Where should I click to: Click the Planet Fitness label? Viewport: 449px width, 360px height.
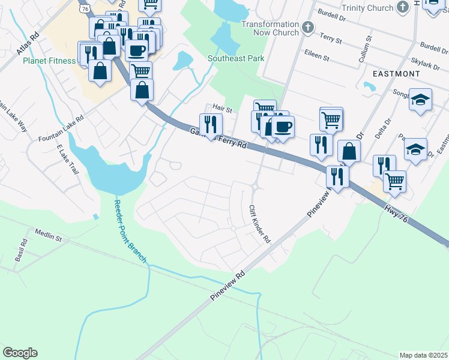tap(49, 61)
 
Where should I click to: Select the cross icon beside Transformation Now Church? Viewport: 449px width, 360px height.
tap(308, 28)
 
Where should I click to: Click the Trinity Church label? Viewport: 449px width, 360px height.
tap(366, 8)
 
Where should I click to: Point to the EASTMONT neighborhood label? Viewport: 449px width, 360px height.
tap(396, 73)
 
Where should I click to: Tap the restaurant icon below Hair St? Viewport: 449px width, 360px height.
tap(211, 124)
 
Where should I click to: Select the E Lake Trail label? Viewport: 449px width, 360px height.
tap(68, 159)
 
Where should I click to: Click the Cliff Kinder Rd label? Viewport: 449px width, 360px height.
tap(259, 224)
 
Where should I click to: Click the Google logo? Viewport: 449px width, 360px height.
tap(20, 353)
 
